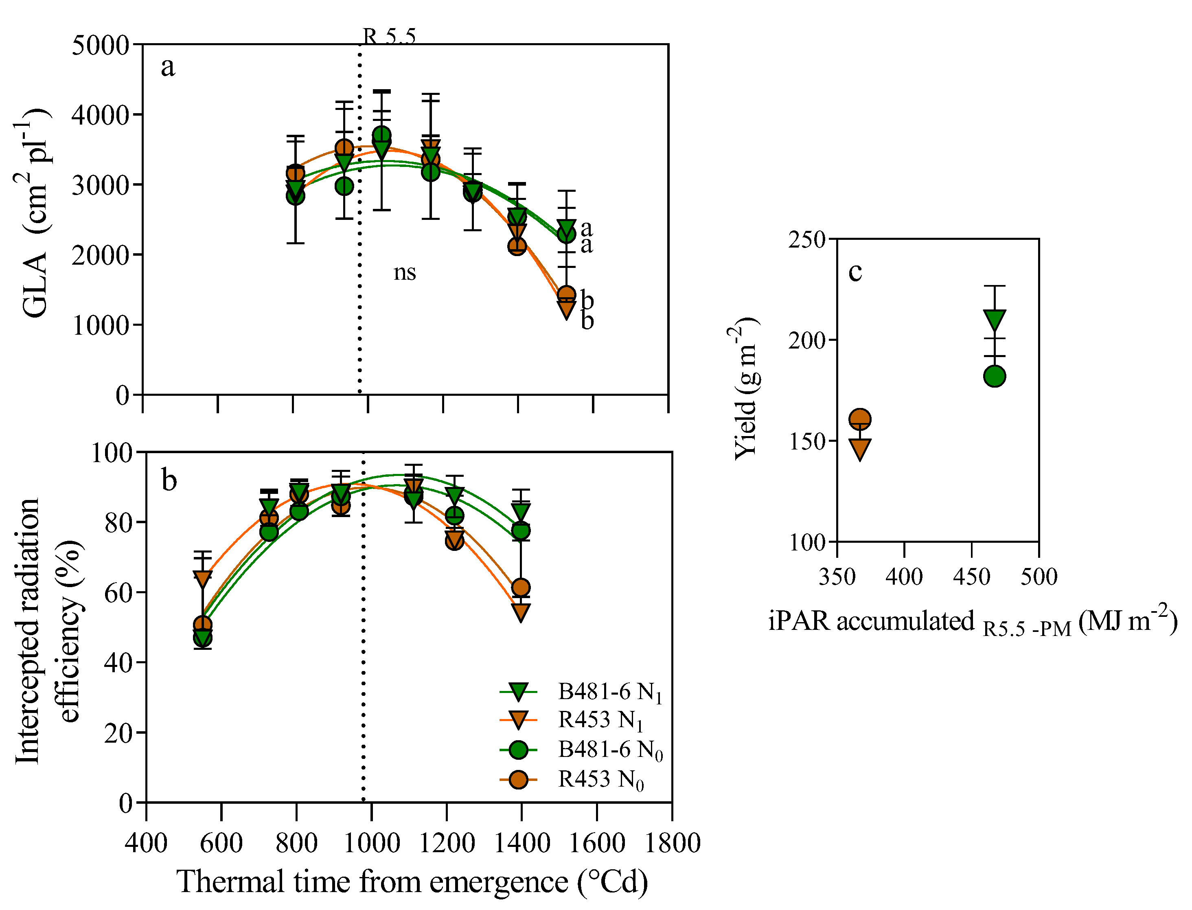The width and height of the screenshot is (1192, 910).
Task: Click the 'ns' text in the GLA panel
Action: [x=405, y=272]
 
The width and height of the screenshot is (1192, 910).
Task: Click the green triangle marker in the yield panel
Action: [x=994, y=320]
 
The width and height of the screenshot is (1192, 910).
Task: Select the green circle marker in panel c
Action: [x=994, y=376]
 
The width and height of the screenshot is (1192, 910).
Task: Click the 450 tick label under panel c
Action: [x=972, y=577]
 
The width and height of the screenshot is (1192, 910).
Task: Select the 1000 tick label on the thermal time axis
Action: [x=372, y=843]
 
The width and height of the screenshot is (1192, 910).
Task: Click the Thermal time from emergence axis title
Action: [x=412, y=881]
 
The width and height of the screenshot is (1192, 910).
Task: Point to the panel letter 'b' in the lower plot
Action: [x=169, y=480]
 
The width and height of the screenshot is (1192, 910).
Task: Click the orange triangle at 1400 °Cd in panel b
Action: [x=520, y=612]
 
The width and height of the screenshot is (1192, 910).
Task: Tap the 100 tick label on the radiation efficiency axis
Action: [x=112, y=453]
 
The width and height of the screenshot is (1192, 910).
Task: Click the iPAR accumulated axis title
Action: [x=972, y=622]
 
